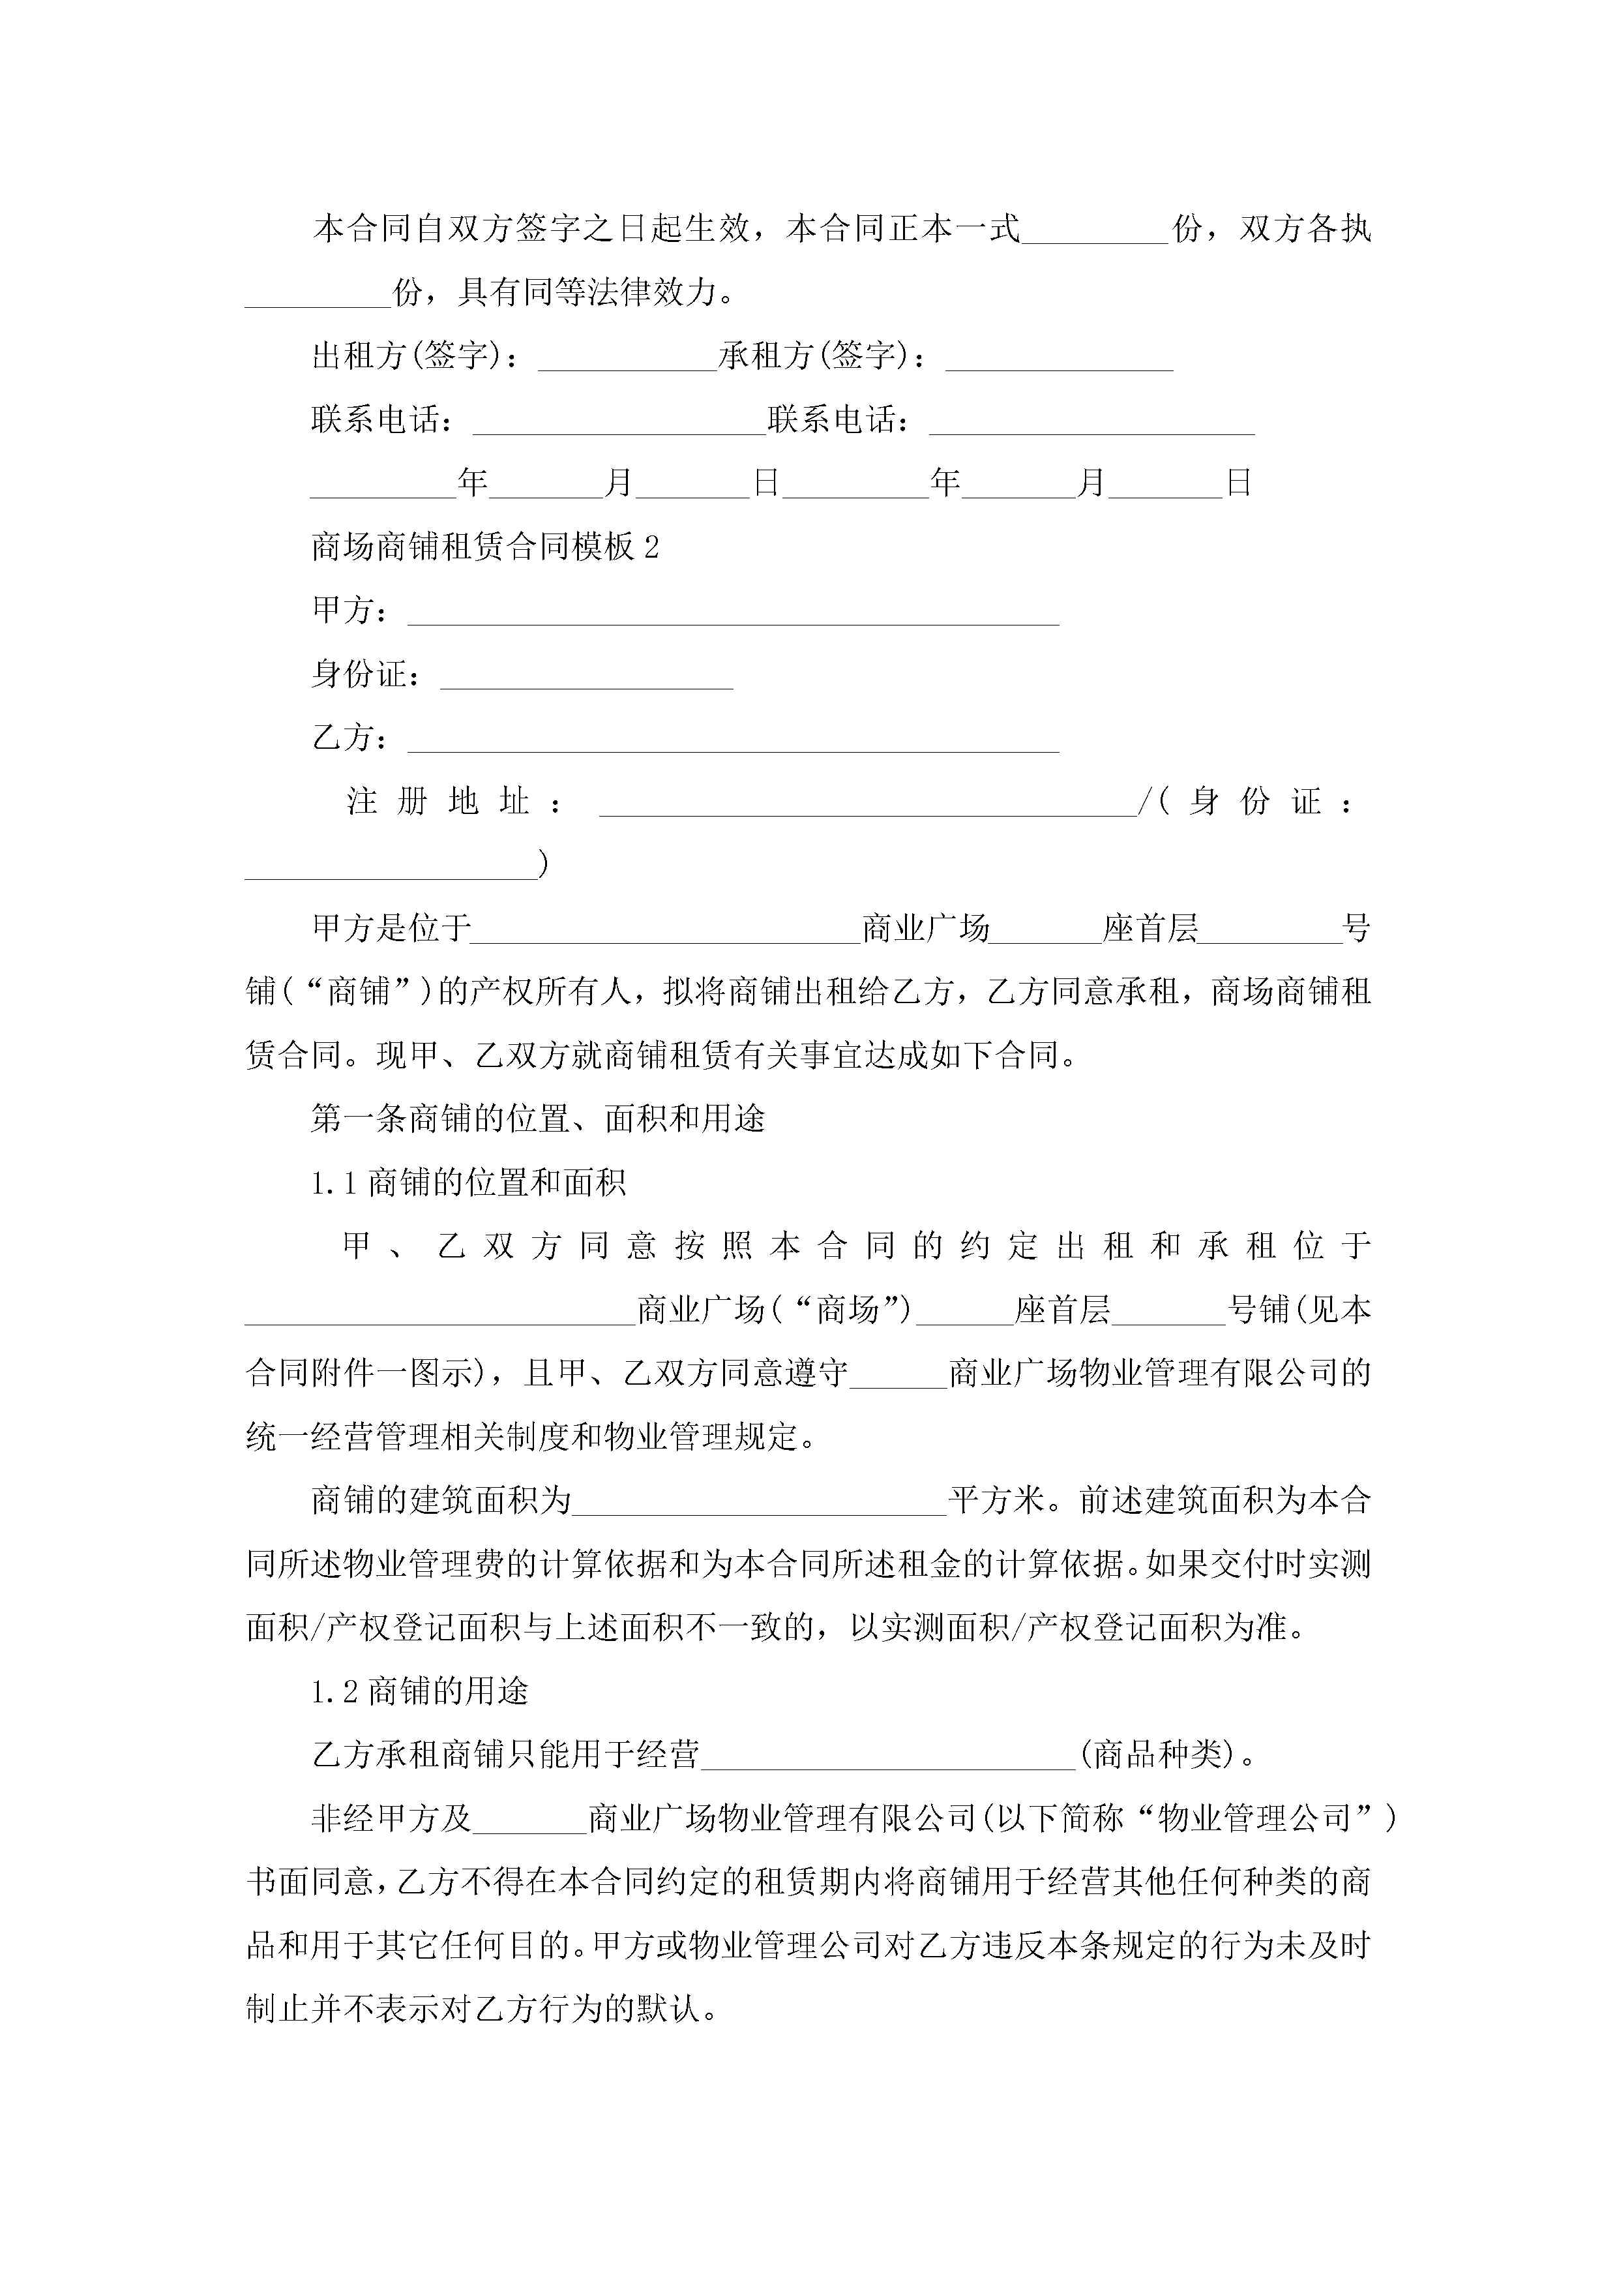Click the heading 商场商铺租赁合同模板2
(x=485, y=547)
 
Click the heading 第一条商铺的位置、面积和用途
(x=538, y=1119)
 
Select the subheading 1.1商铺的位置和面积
(x=468, y=1183)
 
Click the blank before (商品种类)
(x=889, y=1756)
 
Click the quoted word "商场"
(x=848, y=1310)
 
